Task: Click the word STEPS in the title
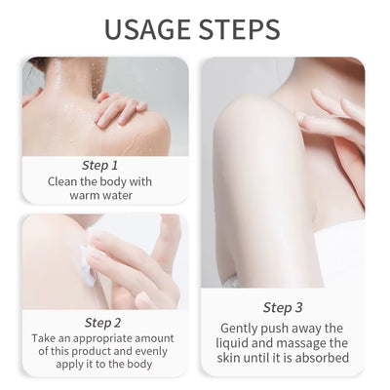click(x=238, y=29)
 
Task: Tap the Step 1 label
click(x=100, y=165)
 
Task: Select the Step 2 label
click(x=102, y=322)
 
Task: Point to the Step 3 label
click(x=283, y=307)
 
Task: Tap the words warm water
click(x=101, y=195)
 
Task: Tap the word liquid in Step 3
click(x=239, y=343)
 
